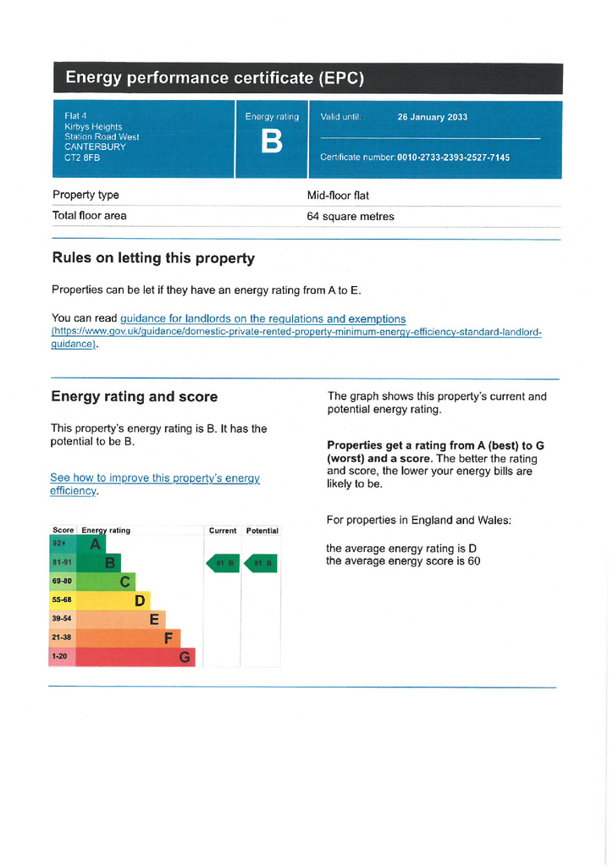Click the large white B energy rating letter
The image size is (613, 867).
click(272, 142)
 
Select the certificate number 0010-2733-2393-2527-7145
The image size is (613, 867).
click(453, 157)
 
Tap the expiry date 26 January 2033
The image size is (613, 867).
click(432, 118)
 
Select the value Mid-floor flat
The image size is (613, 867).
click(338, 196)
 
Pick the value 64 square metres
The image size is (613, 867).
click(351, 217)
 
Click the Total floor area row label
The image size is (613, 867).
click(90, 216)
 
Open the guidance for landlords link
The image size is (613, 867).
click(262, 319)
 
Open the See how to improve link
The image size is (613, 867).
click(154, 478)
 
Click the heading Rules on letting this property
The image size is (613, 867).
click(153, 258)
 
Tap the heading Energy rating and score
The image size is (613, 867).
click(134, 396)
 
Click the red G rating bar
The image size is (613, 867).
click(123, 657)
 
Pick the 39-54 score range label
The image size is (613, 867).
click(63, 619)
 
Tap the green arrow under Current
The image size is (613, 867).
click(223, 563)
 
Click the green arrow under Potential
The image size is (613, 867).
click(261, 563)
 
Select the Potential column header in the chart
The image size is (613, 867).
click(262, 531)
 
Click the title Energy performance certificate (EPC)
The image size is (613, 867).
click(215, 79)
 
